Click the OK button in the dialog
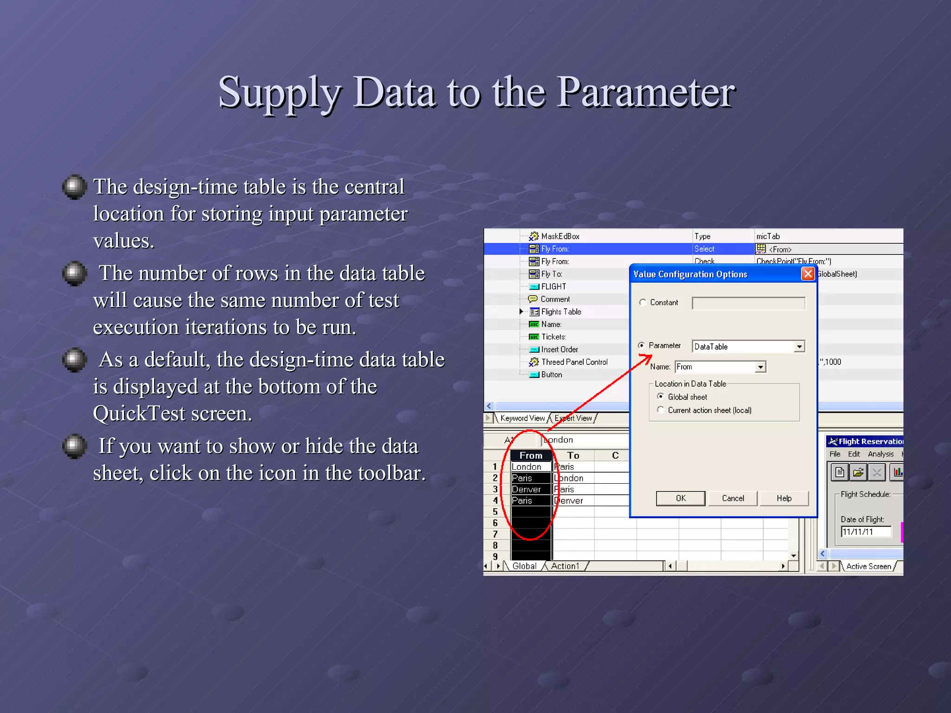pos(680,498)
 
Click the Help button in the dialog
pos(784,498)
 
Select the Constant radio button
pos(643,303)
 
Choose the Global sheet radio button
pos(660,396)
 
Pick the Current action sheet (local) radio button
pos(660,410)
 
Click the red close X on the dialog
pos(808,274)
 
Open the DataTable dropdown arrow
pos(799,347)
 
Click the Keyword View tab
pos(522,418)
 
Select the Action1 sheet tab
pos(565,566)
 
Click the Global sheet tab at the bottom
pos(524,566)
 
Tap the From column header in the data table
pos(531,455)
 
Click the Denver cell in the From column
pos(526,489)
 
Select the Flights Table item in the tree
pos(561,312)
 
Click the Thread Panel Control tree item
pos(574,362)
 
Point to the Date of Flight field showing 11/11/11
pos(866,532)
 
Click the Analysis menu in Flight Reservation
pos(880,454)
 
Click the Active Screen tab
pos(868,566)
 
